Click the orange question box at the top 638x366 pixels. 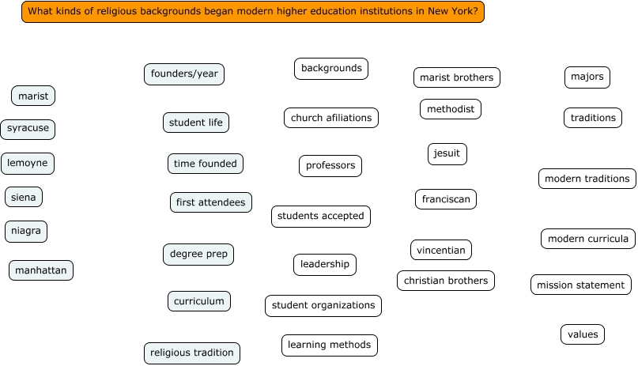pyautogui.click(x=252, y=12)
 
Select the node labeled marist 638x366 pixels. pyautogui.click(x=33, y=96)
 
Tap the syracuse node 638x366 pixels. pyautogui.click(x=28, y=128)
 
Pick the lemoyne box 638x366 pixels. pyautogui.click(x=28, y=164)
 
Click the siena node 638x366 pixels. pyautogui.click(x=24, y=197)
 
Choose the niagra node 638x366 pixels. pyautogui.click(x=26, y=232)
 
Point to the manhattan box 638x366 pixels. pyautogui.click(x=41, y=270)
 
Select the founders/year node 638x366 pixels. pyautogui.click(x=184, y=74)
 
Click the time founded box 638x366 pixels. pyautogui.click(x=206, y=164)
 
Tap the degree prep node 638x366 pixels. pyautogui.click(x=198, y=255)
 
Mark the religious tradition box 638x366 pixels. pyautogui.click(x=192, y=353)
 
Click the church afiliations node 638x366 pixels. pyautogui.click(x=331, y=118)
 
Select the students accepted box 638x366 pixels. pyautogui.click(x=321, y=217)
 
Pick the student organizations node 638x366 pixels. pyautogui.click(x=323, y=306)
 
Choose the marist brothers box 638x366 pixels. pyautogui.click(x=456, y=77)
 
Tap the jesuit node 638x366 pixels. pyautogui.click(x=447, y=154)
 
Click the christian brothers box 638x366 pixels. pyautogui.click(x=446, y=281)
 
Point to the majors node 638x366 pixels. pyautogui.click(x=587, y=77)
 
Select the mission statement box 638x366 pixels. pyautogui.click(x=581, y=285)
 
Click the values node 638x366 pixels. pyautogui.click(x=583, y=334)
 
